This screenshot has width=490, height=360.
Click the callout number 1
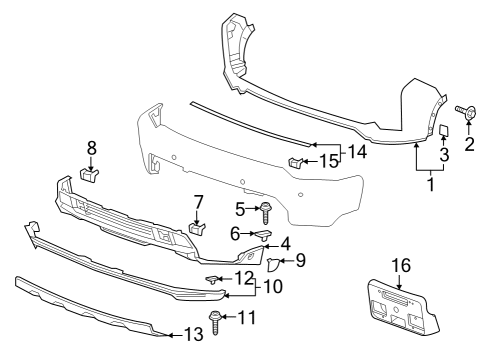(x=431, y=184)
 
